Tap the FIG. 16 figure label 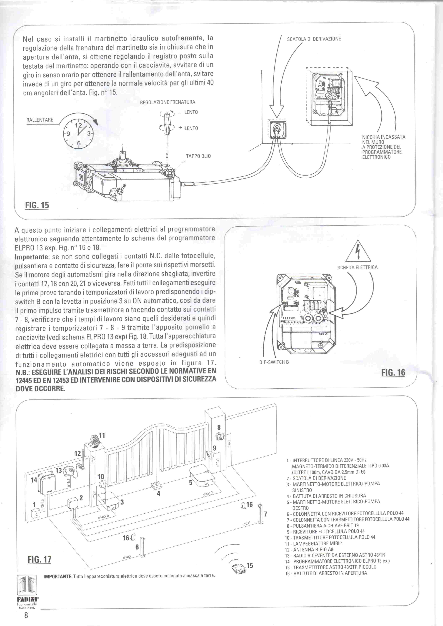[393, 372]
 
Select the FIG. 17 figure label [39, 560]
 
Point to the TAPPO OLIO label [198, 156]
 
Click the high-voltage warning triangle [358, 252]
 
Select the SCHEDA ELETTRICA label [358, 267]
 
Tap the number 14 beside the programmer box [34, 480]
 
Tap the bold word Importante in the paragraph [31, 257]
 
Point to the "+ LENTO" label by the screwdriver [188, 128]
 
